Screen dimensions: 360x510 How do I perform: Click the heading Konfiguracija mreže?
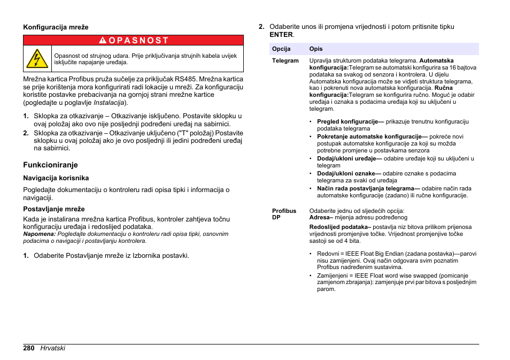pos(55,27)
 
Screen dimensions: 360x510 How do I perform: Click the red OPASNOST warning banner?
pos(133,40)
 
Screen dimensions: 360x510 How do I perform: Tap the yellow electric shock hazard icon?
pos(37,58)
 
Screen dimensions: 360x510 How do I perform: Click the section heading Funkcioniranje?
pos(50,165)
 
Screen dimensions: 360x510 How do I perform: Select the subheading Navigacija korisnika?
pos(56,178)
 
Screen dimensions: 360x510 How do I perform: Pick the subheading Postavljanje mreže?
pos(53,209)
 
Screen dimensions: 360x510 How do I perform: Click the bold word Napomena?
pos(39,234)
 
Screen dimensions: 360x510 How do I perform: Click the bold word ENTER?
pos(281,35)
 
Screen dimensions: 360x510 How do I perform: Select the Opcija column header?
pos(281,49)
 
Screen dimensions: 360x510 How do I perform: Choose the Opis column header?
pos(316,49)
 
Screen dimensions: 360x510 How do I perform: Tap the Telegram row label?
pos(285,61)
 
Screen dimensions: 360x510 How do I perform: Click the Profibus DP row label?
pos(284,214)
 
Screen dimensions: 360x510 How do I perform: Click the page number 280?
pos(29,348)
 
